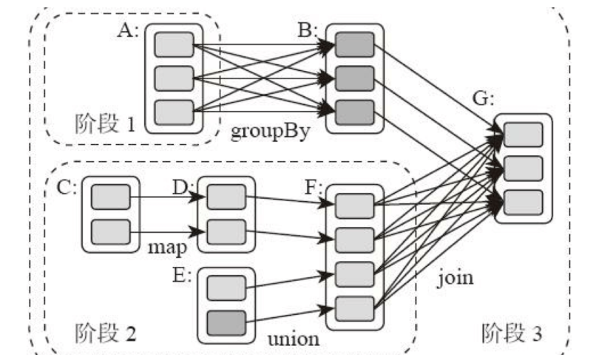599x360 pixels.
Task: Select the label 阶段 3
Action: pos(511,333)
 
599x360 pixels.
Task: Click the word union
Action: pos(294,340)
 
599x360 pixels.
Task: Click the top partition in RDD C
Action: pos(109,197)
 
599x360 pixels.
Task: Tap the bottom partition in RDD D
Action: pos(225,231)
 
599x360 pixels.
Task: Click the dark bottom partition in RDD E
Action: pos(225,322)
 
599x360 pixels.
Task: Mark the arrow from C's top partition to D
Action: pos(167,197)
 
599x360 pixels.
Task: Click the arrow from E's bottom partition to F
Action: pos(288,313)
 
